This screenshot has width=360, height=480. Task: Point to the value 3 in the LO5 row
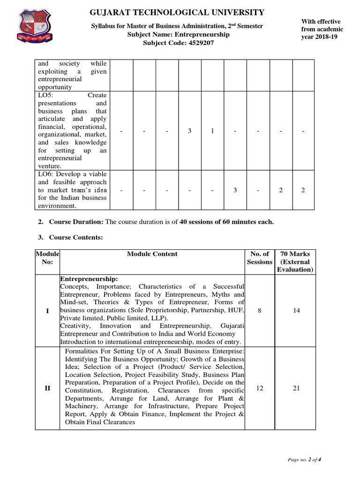tap(190, 131)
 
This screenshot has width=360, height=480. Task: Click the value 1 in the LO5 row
tap(212, 131)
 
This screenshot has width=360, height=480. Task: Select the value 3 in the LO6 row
tap(235, 190)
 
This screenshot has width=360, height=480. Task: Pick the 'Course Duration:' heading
tap(76, 222)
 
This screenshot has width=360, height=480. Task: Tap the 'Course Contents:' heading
tap(76, 238)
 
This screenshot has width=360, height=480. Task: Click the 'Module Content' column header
tap(152, 254)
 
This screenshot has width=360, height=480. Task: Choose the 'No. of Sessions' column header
tap(260, 258)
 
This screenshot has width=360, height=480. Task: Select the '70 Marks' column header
tap(295, 254)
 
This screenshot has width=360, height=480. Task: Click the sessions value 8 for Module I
tap(260, 310)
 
